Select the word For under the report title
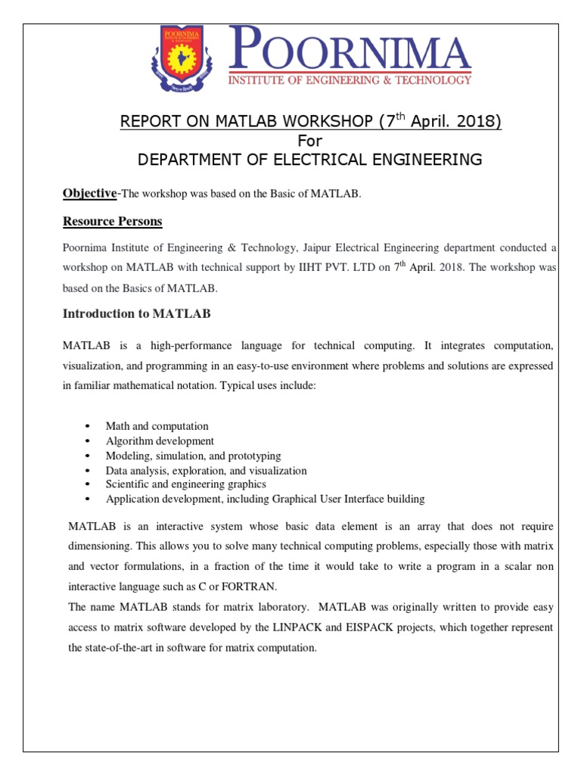point(309,141)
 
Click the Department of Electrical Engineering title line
point(309,159)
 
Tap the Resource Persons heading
point(113,221)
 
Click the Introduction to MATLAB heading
point(136,313)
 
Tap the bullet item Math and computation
point(157,426)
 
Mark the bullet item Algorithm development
point(160,440)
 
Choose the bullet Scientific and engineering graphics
point(186,484)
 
